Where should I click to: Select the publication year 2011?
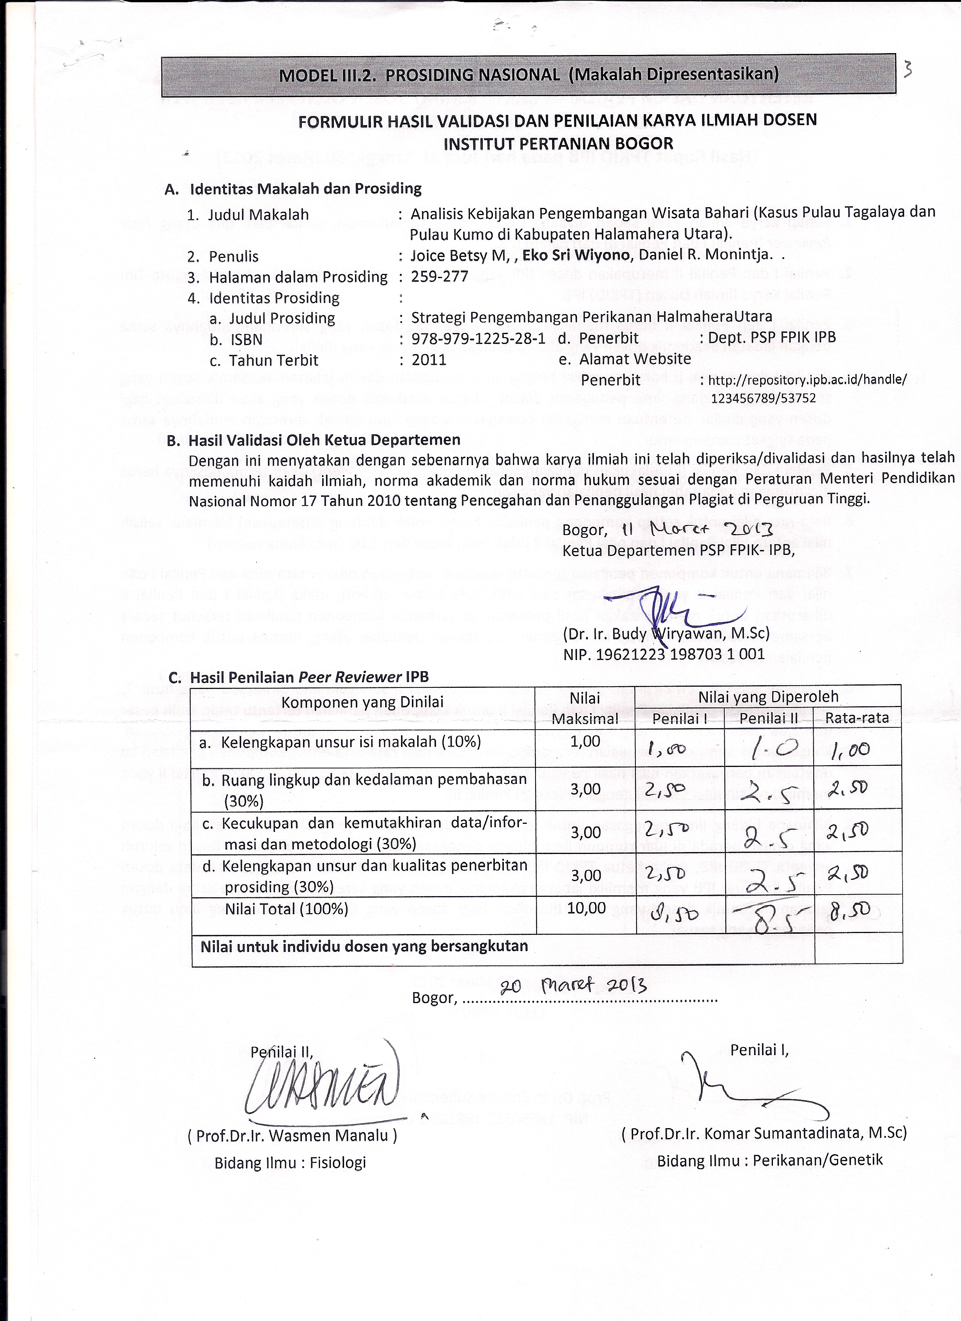(x=429, y=360)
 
